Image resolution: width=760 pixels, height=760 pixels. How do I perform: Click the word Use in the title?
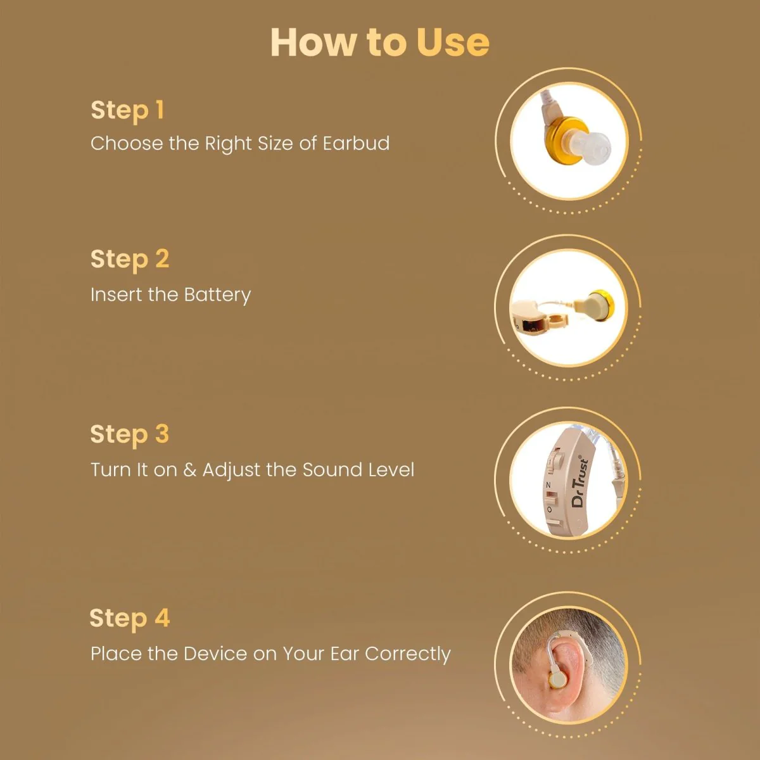coord(452,42)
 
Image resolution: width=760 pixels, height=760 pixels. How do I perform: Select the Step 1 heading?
coord(127,110)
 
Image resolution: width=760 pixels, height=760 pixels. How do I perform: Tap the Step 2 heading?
coord(129,259)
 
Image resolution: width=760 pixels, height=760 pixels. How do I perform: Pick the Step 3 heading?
coord(129,434)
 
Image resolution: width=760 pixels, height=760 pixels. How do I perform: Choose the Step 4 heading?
coord(129,618)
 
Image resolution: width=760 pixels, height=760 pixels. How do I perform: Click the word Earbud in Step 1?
coord(356,143)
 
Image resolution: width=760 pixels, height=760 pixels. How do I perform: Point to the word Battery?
coord(217,295)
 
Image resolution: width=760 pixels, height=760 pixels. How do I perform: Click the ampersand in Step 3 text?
coord(189,470)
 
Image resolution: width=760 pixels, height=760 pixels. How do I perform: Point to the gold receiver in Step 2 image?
coord(598,305)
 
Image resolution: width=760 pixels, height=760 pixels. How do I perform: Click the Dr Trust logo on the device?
coord(579,481)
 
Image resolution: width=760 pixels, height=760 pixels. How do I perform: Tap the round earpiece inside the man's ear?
coord(558,680)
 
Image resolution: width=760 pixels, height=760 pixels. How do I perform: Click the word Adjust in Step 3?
coord(231,470)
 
